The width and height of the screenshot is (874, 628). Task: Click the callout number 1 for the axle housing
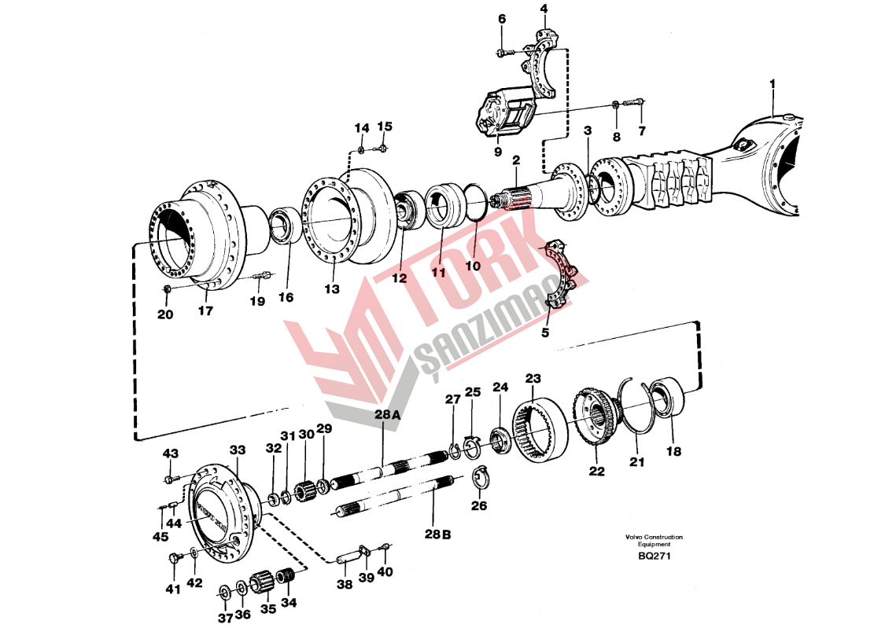click(773, 83)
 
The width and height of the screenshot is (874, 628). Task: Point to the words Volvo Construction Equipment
click(654, 541)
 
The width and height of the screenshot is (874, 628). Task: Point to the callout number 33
click(238, 450)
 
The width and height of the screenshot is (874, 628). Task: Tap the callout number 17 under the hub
click(205, 311)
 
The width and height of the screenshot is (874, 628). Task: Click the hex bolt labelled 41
click(174, 559)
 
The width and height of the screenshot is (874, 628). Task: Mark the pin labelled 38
click(347, 560)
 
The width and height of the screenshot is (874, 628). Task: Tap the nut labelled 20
click(168, 292)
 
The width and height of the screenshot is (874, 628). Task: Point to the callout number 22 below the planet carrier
click(597, 472)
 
